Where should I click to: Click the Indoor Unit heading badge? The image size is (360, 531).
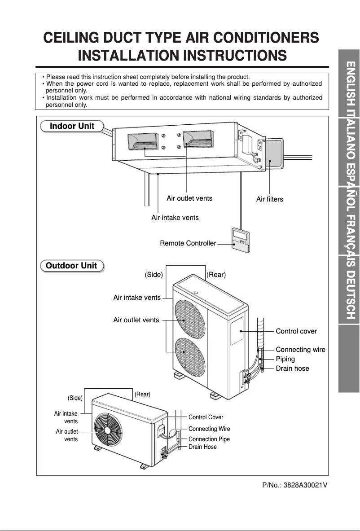[72, 126]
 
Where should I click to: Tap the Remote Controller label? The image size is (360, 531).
[188, 243]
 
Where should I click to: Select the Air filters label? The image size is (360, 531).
[269, 199]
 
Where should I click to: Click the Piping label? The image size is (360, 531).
[285, 359]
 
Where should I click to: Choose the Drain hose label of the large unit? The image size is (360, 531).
[292, 369]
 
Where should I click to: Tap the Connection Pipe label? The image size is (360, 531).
[209, 439]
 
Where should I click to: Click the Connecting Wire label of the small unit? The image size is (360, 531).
[209, 429]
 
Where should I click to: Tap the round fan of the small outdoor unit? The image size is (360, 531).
[108, 429]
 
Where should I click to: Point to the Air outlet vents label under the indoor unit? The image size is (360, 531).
[189, 198]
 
